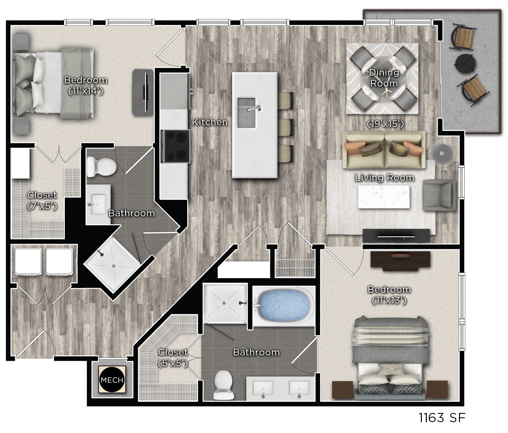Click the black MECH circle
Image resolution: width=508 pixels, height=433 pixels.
[112, 380]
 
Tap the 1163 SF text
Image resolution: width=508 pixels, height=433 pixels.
[442, 418]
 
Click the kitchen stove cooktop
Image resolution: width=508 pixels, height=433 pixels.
[177, 146]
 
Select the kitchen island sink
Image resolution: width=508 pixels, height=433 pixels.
[247, 113]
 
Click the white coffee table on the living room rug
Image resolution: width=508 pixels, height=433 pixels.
[384, 197]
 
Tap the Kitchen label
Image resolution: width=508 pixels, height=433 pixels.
[210, 122]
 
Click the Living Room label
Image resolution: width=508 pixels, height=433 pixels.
[384, 178]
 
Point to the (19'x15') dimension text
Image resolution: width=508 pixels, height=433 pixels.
[385, 124]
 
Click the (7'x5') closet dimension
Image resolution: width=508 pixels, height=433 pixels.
[42, 206]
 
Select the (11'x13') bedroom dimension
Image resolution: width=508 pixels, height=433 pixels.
[389, 300]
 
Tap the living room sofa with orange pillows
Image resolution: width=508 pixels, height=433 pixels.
[383, 150]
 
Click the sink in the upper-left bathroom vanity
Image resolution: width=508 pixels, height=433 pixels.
[98, 204]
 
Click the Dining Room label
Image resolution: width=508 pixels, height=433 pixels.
[384, 78]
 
